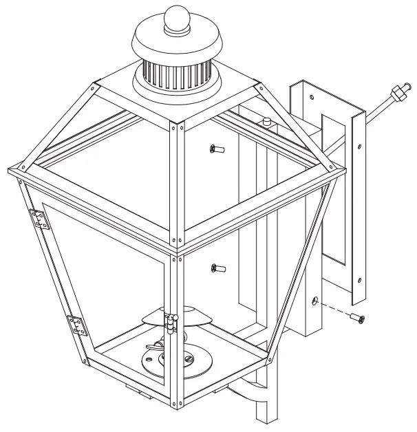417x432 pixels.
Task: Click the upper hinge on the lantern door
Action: [41, 219]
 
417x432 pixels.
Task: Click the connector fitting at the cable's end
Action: [396, 94]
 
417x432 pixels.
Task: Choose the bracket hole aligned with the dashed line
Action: [314, 301]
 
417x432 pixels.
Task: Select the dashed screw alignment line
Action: [334, 309]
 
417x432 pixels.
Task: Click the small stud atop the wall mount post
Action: [264, 122]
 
